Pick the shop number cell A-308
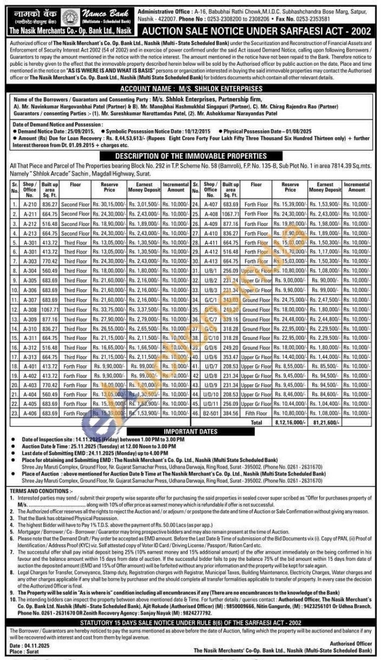[x=30, y=309]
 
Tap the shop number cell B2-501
[x=211, y=413]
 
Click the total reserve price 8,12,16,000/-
[x=290, y=422]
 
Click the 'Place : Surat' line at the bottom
[x=24, y=651]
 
